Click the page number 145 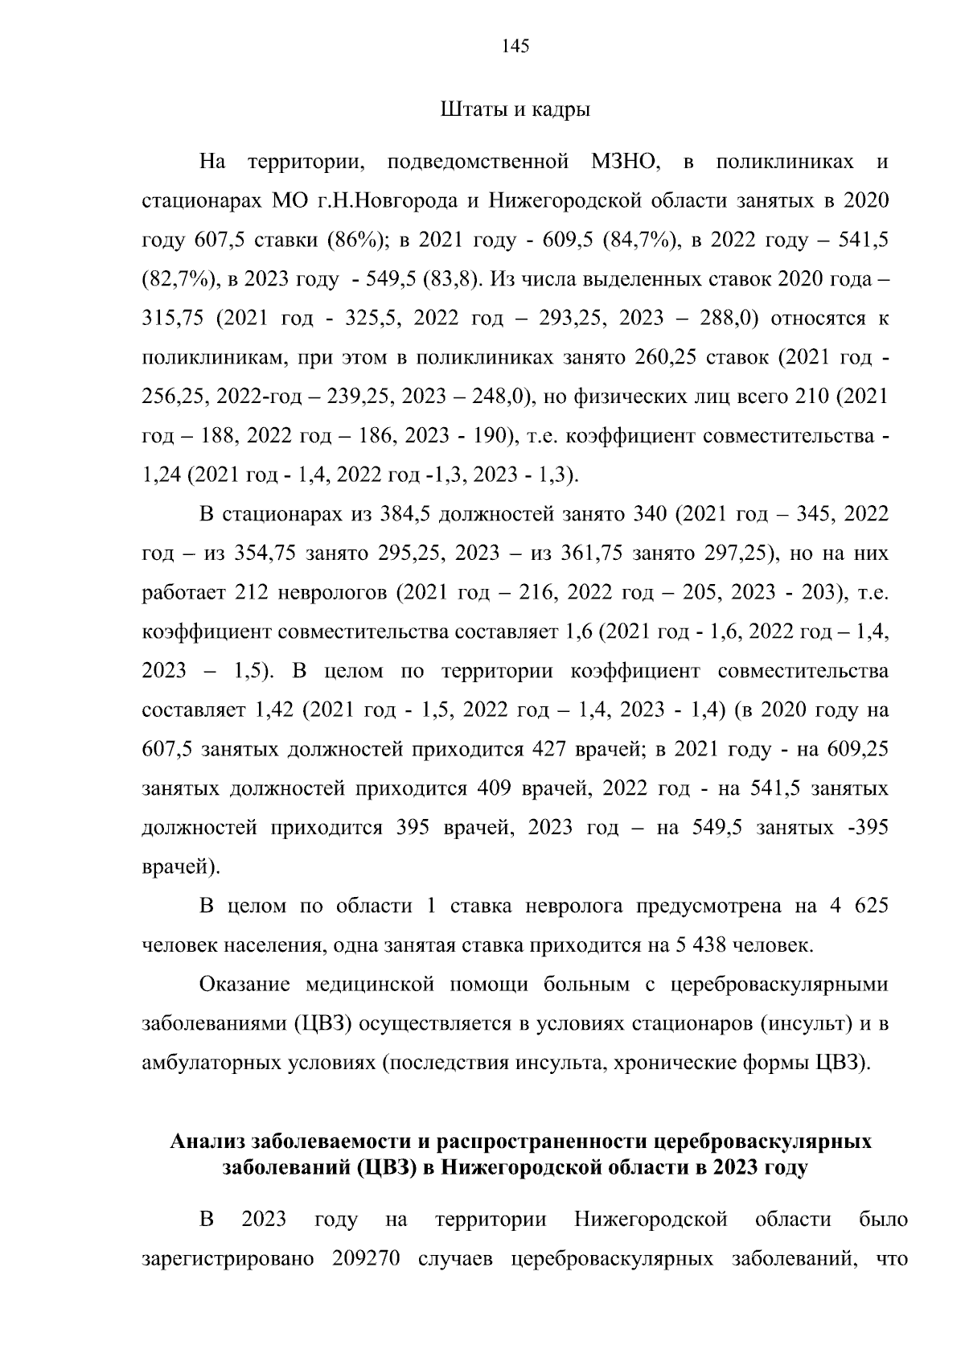pos(515,46)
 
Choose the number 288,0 pos(723,319)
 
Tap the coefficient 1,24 pos(162,475)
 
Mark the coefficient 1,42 pos(277,710)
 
